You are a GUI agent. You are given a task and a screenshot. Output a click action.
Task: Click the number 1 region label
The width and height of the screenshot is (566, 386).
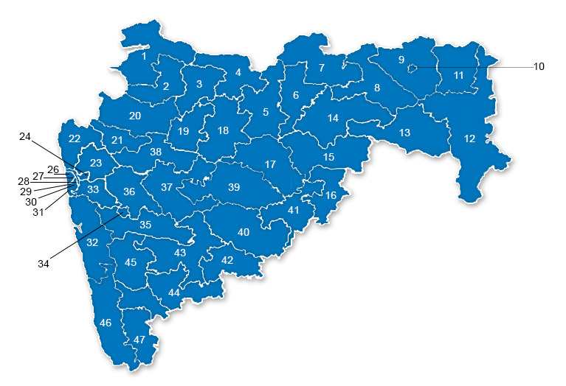tap(145, 55)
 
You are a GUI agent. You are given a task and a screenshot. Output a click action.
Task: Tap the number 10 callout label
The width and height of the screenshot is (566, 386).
tap(539, 66)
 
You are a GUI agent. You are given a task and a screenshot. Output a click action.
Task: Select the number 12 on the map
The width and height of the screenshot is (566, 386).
tap(470, 138)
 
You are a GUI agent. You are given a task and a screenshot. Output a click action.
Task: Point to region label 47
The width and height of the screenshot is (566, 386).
tap(140, 339)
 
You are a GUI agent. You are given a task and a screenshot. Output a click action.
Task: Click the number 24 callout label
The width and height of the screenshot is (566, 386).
tap(25, 136)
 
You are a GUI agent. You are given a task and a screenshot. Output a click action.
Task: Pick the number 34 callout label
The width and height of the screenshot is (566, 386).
tap(44, 263)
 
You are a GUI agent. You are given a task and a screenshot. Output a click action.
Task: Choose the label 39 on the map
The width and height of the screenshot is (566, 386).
tap(234, 187)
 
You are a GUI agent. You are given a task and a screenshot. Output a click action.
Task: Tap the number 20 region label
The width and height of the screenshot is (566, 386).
tap(135, 116)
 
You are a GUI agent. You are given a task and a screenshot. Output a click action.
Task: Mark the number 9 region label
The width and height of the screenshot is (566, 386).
tap(401, 59)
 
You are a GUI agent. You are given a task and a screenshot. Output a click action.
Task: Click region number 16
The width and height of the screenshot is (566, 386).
tap(331, 195)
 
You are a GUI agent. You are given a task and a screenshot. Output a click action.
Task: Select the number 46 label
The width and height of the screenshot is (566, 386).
tap(106, 323)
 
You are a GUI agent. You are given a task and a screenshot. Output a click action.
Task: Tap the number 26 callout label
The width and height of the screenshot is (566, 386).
tap(53, 169)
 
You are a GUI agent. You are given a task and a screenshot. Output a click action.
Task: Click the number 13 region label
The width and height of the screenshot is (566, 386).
tap(404, 133)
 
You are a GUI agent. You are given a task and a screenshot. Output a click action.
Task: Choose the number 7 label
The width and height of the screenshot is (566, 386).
tap(321, 69)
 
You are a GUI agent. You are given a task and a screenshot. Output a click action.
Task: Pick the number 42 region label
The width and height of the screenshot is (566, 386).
tap(227, 260)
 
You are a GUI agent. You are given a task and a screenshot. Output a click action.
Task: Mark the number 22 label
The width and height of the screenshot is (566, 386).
tap(74, 138)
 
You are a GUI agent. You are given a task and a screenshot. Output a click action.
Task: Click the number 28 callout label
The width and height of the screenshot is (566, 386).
tap(24, 181)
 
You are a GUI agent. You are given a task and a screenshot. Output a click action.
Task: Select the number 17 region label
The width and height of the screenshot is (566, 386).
tap(270, 164)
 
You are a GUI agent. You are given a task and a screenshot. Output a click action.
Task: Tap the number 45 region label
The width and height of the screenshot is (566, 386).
tap(131, 262)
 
